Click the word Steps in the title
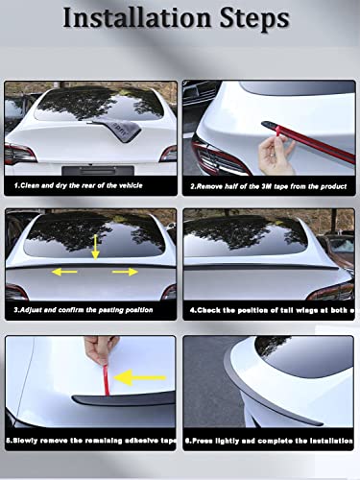[252, 19]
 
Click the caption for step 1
[85, 185]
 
